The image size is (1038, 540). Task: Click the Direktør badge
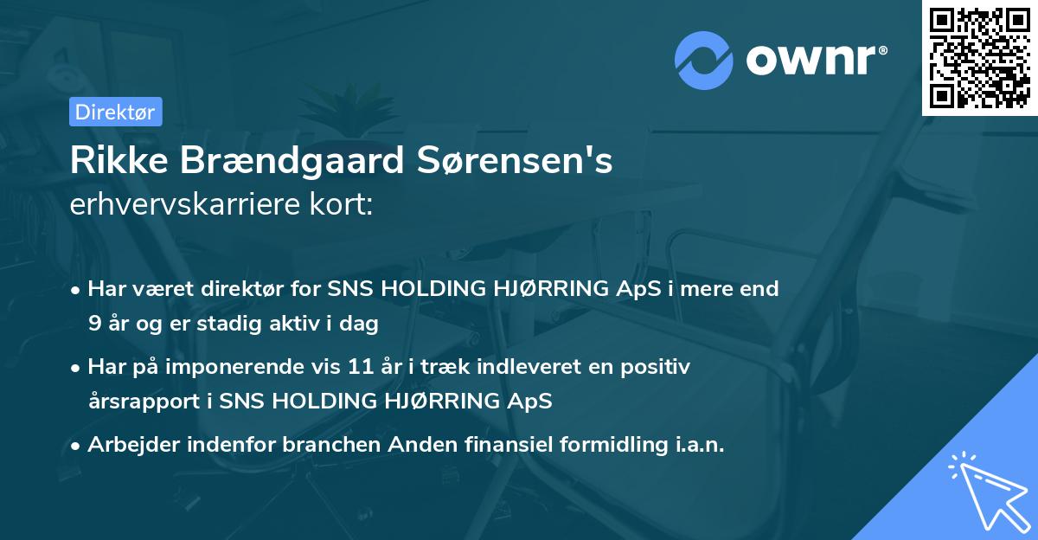click(x=115, y=112)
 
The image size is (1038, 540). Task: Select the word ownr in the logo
click(x=810, y=61)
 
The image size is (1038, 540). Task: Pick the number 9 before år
click(x=94, y=325)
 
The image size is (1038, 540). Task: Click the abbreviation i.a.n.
click(x=697, y=445)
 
